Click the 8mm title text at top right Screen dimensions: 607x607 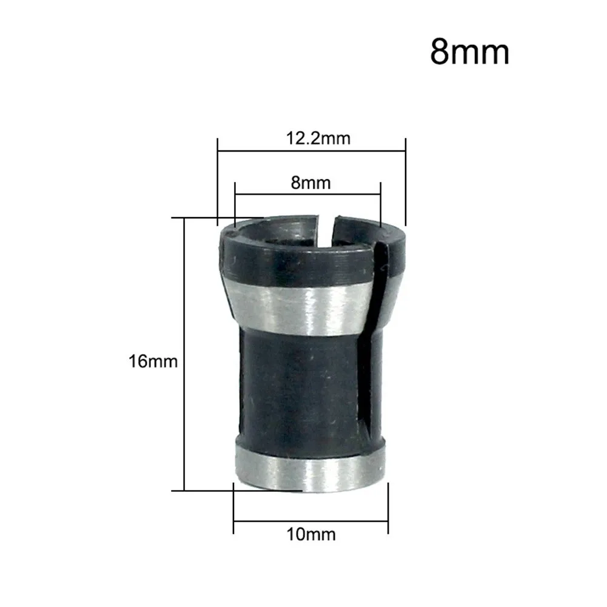pyautogui.click(x=469, y=52)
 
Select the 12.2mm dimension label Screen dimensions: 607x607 pyautogui.click(x=318, y=138)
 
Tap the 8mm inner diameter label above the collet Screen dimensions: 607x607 pyautogui.click(x=311, y=182)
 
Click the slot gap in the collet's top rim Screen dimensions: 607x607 pyautogui.click(x=327, y=227)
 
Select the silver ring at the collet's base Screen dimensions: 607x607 pyautogui.click(x=309, y=470)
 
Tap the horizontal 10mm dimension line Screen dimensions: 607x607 pyautogui.click(x=311, y=520)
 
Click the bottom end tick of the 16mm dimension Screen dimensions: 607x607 pyautogui.click(x=183, y=489)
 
